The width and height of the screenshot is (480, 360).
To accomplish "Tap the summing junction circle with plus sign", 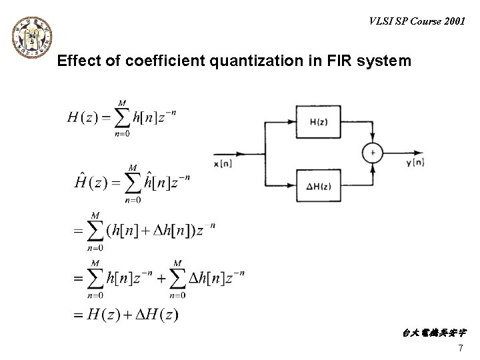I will click(x=372, y=153).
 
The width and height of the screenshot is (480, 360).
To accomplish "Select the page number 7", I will click(x=460, y=349).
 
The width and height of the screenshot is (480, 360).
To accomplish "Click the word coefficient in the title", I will click(x=157, y=62).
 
